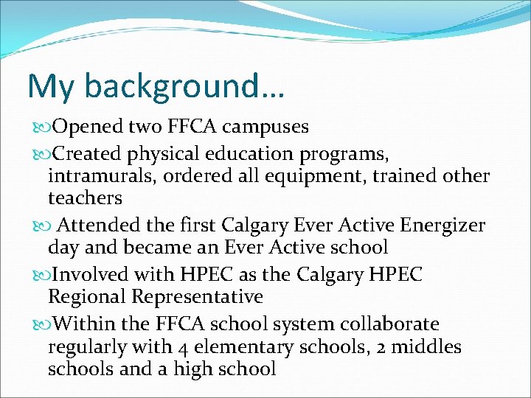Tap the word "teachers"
pos(85,198)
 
